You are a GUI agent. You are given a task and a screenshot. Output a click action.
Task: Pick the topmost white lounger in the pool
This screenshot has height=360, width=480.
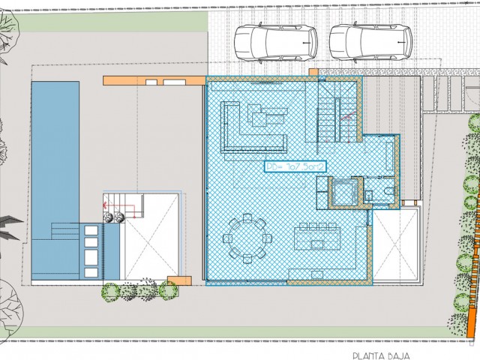92,229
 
